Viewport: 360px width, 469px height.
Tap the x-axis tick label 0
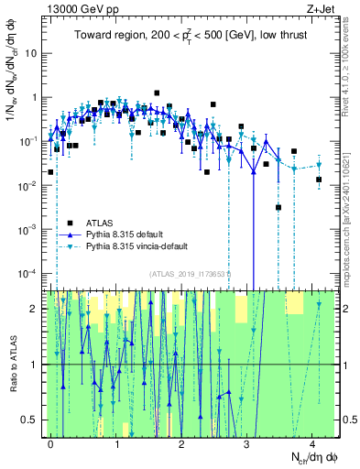(51, 442)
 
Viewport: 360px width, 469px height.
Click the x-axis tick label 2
(181, 442)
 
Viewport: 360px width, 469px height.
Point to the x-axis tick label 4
(312, 442)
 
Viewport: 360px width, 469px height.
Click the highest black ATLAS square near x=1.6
(158, 93)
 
